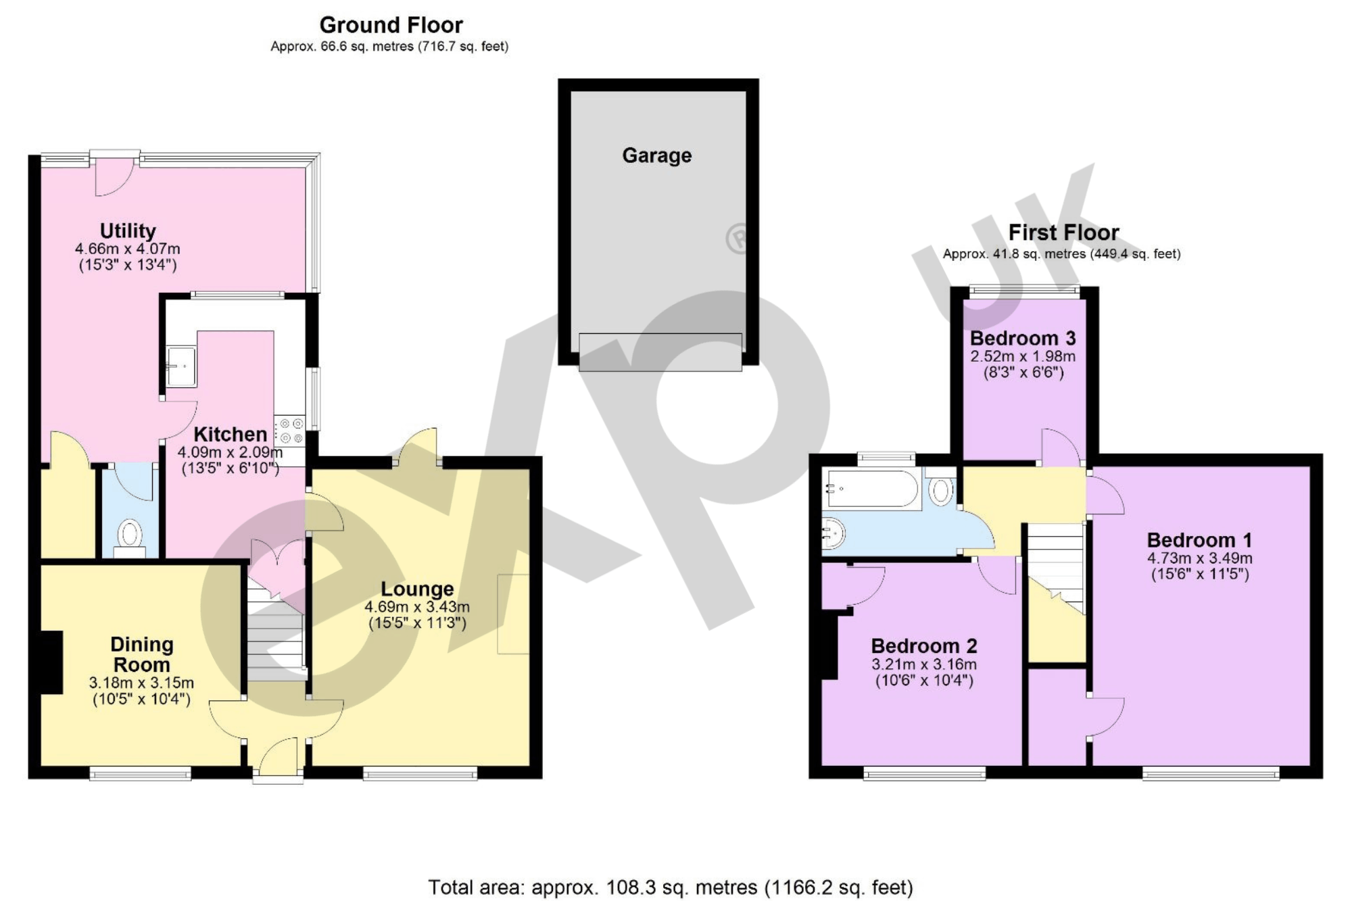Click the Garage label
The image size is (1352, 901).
[656, 155]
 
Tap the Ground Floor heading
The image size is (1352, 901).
[391, 25]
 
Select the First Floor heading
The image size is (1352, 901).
[1063, 233]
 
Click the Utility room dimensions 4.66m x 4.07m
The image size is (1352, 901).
[128, 249]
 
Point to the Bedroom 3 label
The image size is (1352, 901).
[1022, 338]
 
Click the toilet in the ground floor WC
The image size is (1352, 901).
[129, 535]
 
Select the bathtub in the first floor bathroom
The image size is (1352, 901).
[872, 489]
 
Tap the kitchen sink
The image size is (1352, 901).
[181, 366]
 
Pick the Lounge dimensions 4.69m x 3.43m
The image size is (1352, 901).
[416, 607]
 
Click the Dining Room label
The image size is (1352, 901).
[141, 654]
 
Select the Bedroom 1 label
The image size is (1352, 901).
[1199, 540]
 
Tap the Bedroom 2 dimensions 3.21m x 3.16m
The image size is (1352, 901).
[923, 664]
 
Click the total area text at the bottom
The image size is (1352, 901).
[671, 886]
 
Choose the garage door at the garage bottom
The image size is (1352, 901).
[660, 352]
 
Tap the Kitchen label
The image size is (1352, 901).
[231, 434]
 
